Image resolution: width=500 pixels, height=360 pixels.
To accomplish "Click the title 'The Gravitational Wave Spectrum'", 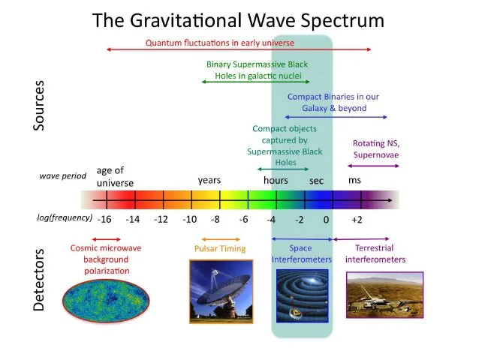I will click(238, 20).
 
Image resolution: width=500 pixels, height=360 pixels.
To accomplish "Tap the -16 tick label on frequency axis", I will click(105, 219).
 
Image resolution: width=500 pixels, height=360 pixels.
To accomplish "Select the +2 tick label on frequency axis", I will click(357, 219).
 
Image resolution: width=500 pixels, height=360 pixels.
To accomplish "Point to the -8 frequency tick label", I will click(215, 219).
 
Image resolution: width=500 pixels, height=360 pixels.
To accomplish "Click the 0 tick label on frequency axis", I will click(327, 219).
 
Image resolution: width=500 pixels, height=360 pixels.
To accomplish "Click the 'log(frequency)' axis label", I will click(64, 218).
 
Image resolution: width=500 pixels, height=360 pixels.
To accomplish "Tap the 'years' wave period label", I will click(209, 181).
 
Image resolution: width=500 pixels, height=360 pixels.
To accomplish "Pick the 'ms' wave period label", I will click(354, 181).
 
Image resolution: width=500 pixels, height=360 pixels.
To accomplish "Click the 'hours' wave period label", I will click(276, 181).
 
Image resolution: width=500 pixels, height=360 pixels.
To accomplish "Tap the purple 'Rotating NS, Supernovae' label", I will click(375, 149).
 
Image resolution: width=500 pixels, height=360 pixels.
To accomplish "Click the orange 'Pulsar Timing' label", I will click(219, 249).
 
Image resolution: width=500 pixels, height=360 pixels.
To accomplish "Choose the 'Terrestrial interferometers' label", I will click(375, 253).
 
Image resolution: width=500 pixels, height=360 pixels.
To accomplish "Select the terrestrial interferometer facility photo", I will click(375, 297).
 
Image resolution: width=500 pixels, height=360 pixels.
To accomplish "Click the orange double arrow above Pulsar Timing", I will click(218, 238).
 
